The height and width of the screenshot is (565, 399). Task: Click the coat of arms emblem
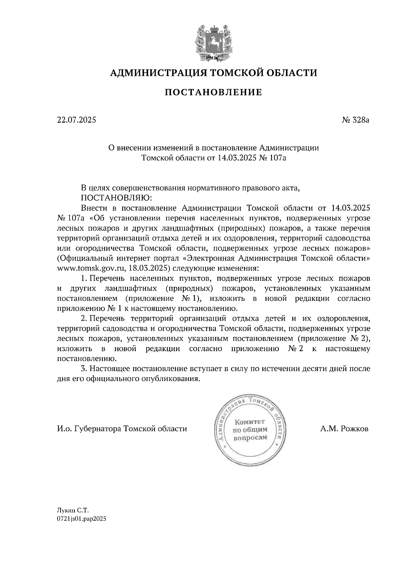click(x=212, y=42)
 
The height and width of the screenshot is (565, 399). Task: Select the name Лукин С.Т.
click(x=73, y=520)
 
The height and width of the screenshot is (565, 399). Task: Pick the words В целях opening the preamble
click(x=94, y=188)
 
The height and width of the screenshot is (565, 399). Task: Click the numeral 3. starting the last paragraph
click(x=84, y=369)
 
